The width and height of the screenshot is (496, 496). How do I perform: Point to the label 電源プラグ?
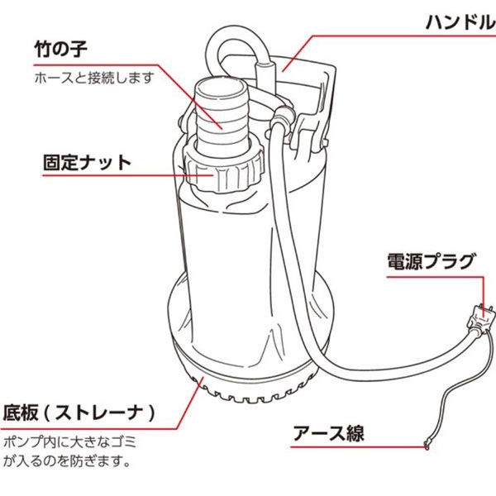432,263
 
